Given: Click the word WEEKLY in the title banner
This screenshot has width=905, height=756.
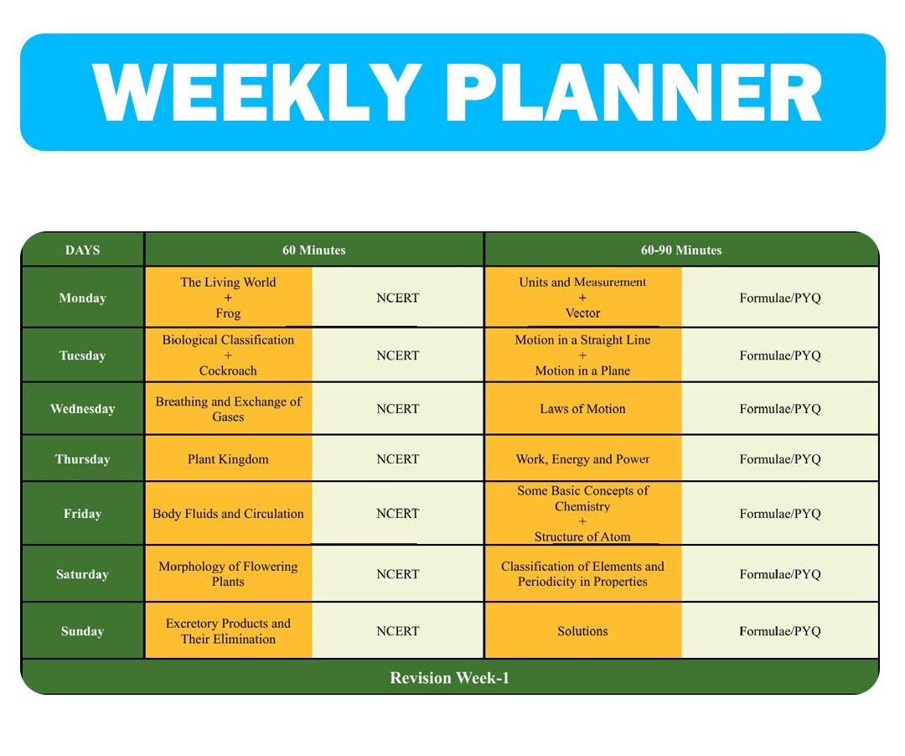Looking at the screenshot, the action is point(256,92).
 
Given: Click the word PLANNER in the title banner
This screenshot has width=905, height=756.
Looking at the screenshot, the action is point(633,92).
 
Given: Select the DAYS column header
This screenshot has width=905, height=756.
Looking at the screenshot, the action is point(82,250).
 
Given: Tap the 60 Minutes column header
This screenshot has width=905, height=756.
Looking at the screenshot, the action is point(314,250).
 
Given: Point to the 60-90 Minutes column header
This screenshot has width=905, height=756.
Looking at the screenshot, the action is point(681,250).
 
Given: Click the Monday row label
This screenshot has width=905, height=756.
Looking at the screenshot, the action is point(82,298).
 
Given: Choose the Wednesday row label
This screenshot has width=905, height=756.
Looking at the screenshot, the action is point(82,408).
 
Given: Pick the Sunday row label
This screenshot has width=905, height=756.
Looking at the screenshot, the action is point(82,631).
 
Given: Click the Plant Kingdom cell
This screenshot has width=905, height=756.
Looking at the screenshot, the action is point(228,458).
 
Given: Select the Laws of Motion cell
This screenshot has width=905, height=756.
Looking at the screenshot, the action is point(582,408).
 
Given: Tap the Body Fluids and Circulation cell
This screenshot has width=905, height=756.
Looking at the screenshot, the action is point(228,514).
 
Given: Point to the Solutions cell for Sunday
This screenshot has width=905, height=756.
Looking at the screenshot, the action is point(582,631).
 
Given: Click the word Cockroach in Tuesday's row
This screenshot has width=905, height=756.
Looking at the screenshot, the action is point(228,370).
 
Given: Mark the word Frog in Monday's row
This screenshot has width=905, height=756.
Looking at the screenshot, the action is point(228,313).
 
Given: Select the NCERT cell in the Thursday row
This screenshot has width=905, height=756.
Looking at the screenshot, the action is point(398,458).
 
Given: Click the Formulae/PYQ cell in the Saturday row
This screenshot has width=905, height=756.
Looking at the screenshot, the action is point(780,574).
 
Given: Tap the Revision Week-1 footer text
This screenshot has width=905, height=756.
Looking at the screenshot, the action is point(450,677).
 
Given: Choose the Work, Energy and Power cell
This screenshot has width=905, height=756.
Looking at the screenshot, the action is point(582,458).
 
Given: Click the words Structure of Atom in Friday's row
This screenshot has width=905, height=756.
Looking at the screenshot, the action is point(582,536).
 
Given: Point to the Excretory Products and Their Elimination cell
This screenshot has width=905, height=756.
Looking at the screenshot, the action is point(228,631).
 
